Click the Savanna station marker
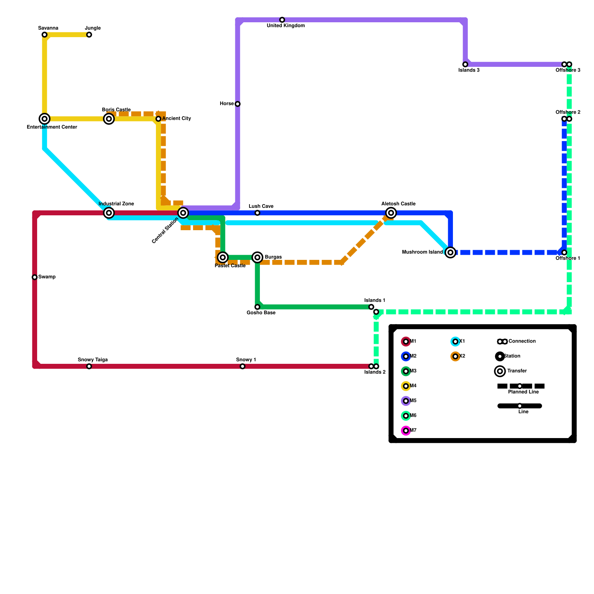point(45,35)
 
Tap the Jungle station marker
point(89,35)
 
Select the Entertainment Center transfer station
point(45,119)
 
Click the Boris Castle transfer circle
point(109,119)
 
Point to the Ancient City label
point(176,119)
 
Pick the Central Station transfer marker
point(183,213)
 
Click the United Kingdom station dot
point(282,20)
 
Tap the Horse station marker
point(238,104)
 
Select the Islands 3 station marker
point(465,65)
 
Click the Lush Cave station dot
point(257,213)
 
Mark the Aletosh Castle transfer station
point(391,213)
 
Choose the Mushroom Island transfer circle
point(450,252)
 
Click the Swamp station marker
point(35,277)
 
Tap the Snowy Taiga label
point(92,360)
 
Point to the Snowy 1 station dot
point(242,366)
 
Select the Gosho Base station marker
point(257,307)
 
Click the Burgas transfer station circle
point(257,257)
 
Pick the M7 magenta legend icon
point(406,431)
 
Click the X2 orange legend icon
point(456,356)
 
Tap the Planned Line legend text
point(523,392)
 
